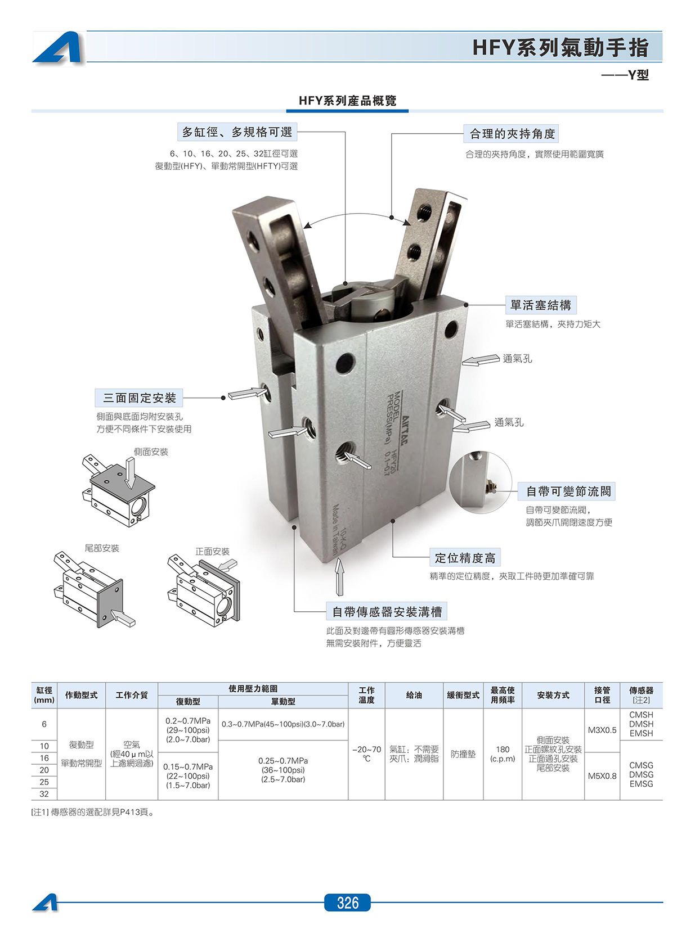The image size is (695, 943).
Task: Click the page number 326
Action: (347, 902)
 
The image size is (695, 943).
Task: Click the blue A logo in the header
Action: (58, 48)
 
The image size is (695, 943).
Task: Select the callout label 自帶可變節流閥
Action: (566, 491)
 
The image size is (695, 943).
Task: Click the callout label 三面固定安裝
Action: (139, 398)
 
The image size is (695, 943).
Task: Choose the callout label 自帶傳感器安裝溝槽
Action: (387, 611)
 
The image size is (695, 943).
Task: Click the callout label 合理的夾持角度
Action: (512, 133)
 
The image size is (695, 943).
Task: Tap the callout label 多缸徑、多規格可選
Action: (237, 132)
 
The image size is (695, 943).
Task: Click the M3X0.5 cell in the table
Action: (602, 730)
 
